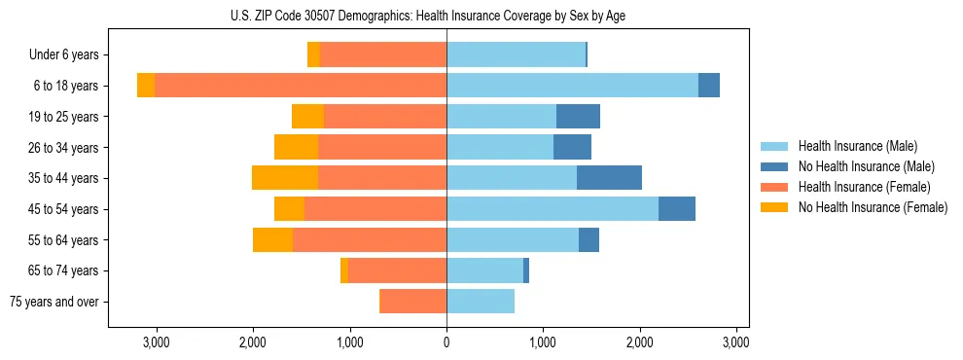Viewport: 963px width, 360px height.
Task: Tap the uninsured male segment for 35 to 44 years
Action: click(x=609, y=178)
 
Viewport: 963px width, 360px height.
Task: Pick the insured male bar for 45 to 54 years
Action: click(x=552, y=209)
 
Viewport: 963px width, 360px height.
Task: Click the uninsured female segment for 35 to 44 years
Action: click(x=285, y=178)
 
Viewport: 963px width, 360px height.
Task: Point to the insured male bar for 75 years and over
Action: click(x=481, y=302)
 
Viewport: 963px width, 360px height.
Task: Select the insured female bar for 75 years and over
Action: click(x=412, y=302)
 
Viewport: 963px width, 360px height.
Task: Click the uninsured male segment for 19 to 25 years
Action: click(x=578, y=117)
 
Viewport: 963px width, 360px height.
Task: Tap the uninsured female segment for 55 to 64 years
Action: click(x=272, y=240)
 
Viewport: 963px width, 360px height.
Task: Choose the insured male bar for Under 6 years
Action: click(x=516, y=54)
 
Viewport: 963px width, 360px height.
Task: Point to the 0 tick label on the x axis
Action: click(x=446, y=342)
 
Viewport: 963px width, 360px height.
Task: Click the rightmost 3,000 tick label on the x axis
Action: click(x=736, y=342)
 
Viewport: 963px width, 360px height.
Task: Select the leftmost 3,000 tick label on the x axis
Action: click(x=157, y=342)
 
